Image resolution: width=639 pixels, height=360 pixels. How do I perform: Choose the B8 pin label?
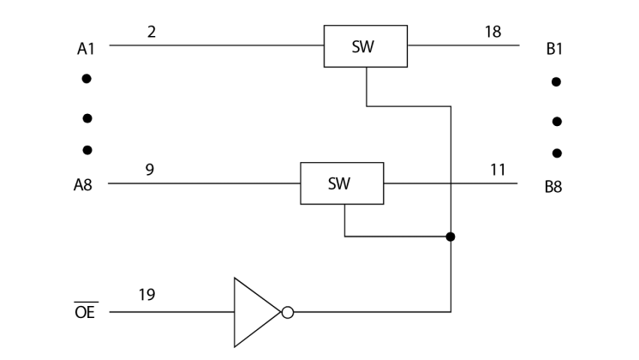point(554,186)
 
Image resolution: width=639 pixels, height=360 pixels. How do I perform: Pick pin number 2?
point(151,32)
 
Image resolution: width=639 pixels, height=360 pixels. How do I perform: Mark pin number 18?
point(493,32)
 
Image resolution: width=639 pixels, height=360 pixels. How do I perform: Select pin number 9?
point(150,169)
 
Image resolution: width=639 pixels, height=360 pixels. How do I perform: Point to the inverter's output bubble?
point(288,312)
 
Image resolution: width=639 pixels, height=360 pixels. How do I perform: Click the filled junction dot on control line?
point(451,237)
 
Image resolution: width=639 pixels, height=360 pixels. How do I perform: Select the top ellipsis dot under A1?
point(86,79)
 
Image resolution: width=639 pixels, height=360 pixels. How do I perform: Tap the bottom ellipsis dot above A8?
point(86,151)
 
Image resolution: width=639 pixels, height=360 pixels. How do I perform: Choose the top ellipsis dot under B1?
point(557,82)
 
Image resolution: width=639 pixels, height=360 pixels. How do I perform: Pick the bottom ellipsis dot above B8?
point(557,153)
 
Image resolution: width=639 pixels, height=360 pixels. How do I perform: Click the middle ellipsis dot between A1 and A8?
point(86,117)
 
